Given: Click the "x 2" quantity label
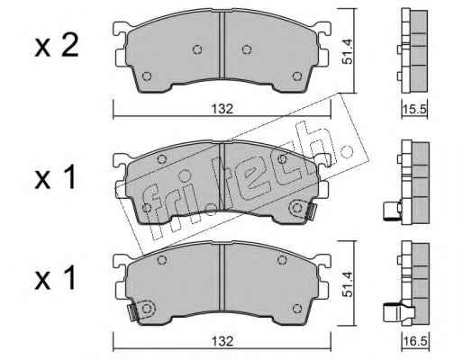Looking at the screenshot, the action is (x=57, y=46).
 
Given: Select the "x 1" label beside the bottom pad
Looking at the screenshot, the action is (x=56, y=278).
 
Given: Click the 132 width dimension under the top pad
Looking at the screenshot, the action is (x=222, y=109).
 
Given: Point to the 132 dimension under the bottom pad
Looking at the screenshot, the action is (x=222, y=341).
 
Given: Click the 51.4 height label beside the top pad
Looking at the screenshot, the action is (x=348, y=50).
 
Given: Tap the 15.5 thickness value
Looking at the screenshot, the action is (x=414, y=110).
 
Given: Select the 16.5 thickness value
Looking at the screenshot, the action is (x=416, y=342).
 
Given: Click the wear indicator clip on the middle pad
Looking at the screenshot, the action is (x=311, y=211).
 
